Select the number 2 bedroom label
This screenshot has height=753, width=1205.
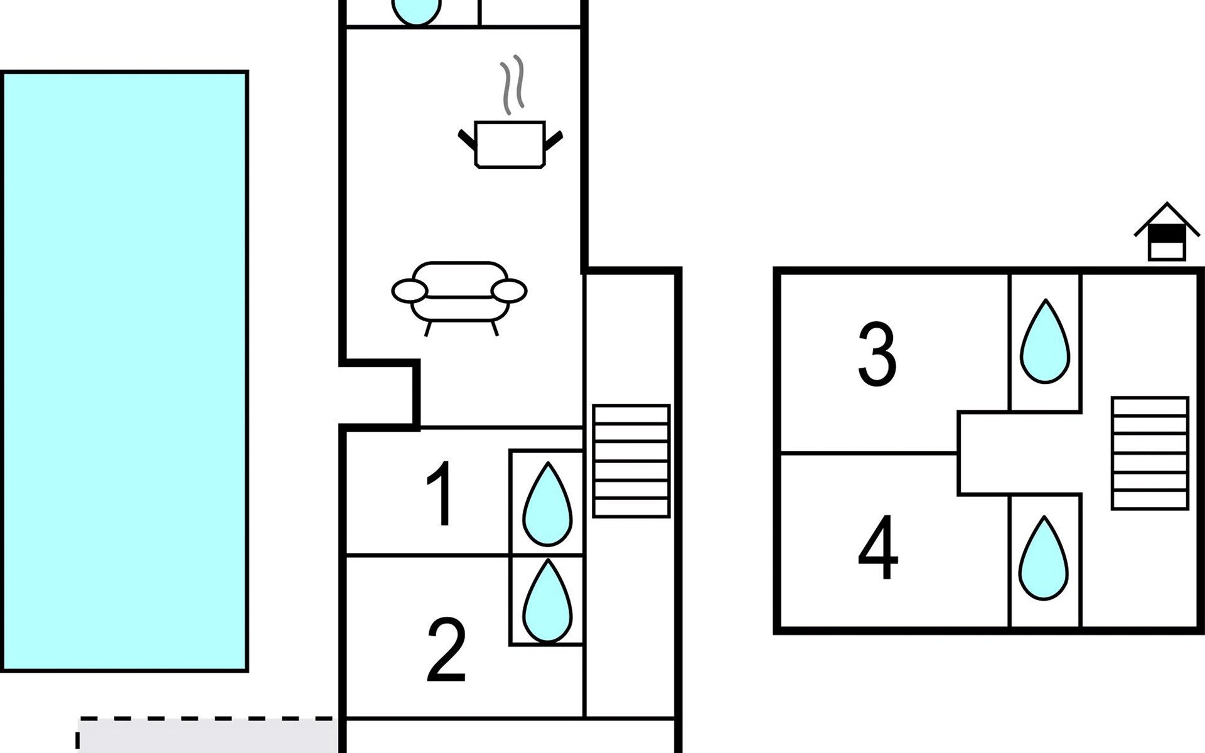click(x=446, y=649)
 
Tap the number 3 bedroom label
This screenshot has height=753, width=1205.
click(x=877, y=354)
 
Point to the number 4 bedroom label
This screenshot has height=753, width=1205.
click(x=878, y=547)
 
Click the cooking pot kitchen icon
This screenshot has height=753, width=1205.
click(x=509, y=144)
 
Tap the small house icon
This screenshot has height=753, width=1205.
click(x=1166, y=233)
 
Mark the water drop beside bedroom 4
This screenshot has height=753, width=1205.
click(x=1043, y=560)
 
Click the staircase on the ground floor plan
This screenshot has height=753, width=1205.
click(x=631, y=461)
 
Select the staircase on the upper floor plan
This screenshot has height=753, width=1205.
click(x=1150, y=453)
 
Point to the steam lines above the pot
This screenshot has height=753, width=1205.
click(x=512, y=85)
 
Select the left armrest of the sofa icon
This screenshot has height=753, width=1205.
click(x=409, y=291)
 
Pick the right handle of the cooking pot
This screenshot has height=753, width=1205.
click(x=554, y=141)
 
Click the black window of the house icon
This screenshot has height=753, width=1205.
click(x=1166, y=233)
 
